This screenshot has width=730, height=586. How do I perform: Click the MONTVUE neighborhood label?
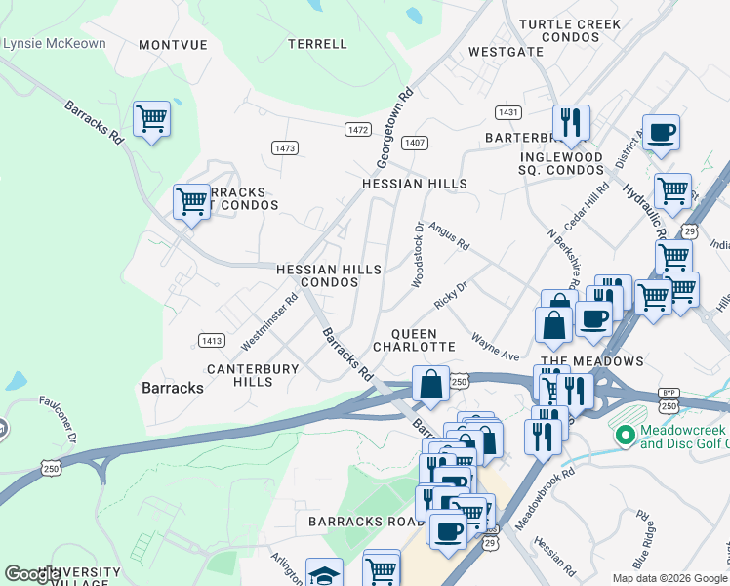[x=175, y=45]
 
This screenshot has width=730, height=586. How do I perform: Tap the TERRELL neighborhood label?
[x=318, y=44]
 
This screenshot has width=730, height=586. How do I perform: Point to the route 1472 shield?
[x=358, y=130]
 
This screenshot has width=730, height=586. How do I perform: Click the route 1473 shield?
[x=285, y=147]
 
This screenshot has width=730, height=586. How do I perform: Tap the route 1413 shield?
[x=211, y=340]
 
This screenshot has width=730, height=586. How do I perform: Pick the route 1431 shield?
[x=507, y=112]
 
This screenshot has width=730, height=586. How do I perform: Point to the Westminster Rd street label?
[x=269, y=324]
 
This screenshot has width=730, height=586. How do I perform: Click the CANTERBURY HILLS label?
[x=239, y=375]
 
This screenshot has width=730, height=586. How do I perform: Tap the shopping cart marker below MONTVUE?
[x=151, y=119]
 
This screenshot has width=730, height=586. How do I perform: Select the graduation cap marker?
[x=324, y=574]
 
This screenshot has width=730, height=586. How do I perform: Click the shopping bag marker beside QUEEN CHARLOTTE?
[x=430, y=383]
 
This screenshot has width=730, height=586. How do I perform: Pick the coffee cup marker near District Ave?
[x=661, y=132]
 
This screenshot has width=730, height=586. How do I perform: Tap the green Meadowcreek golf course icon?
[x=626, y=433]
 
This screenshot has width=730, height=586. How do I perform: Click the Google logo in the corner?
[x=33, y=574]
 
